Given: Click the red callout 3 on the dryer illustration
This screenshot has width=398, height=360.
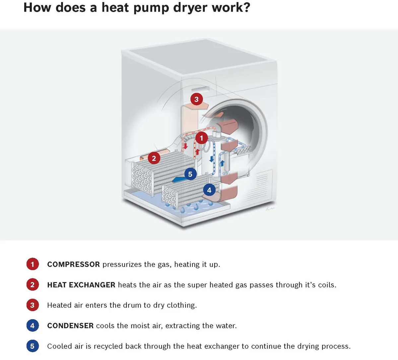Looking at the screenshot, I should (196, 99).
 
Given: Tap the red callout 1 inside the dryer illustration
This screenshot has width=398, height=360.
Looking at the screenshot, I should (201, 138).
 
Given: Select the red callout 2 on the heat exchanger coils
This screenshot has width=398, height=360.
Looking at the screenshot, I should (154, 158).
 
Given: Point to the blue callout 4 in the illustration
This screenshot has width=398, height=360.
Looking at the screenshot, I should (209, 190).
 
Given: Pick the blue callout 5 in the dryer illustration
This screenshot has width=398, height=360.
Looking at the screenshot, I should (190, 174).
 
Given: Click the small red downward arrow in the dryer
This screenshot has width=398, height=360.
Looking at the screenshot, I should (186, 146).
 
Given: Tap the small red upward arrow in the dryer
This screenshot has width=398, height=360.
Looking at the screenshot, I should (197, 152).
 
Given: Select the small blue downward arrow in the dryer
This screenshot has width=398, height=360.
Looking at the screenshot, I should (211, 159).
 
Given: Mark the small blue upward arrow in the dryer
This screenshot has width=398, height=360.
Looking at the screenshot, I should (223, 163).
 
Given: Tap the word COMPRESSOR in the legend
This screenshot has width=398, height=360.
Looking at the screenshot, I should (73, 264).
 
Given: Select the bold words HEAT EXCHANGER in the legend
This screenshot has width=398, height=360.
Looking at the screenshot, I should (81, 285).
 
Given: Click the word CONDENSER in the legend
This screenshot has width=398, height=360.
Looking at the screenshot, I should (70, 326).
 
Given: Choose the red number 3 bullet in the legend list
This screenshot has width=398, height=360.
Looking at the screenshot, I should (33, 305).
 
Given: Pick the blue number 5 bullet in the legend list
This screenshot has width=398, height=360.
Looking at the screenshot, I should (33, 346).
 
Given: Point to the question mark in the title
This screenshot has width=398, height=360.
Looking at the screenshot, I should (246, 7).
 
